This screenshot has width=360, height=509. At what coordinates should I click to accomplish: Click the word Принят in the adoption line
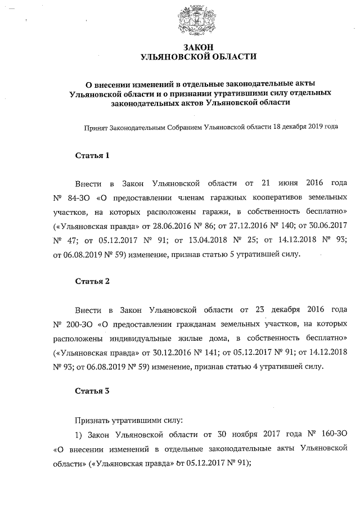95,127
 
